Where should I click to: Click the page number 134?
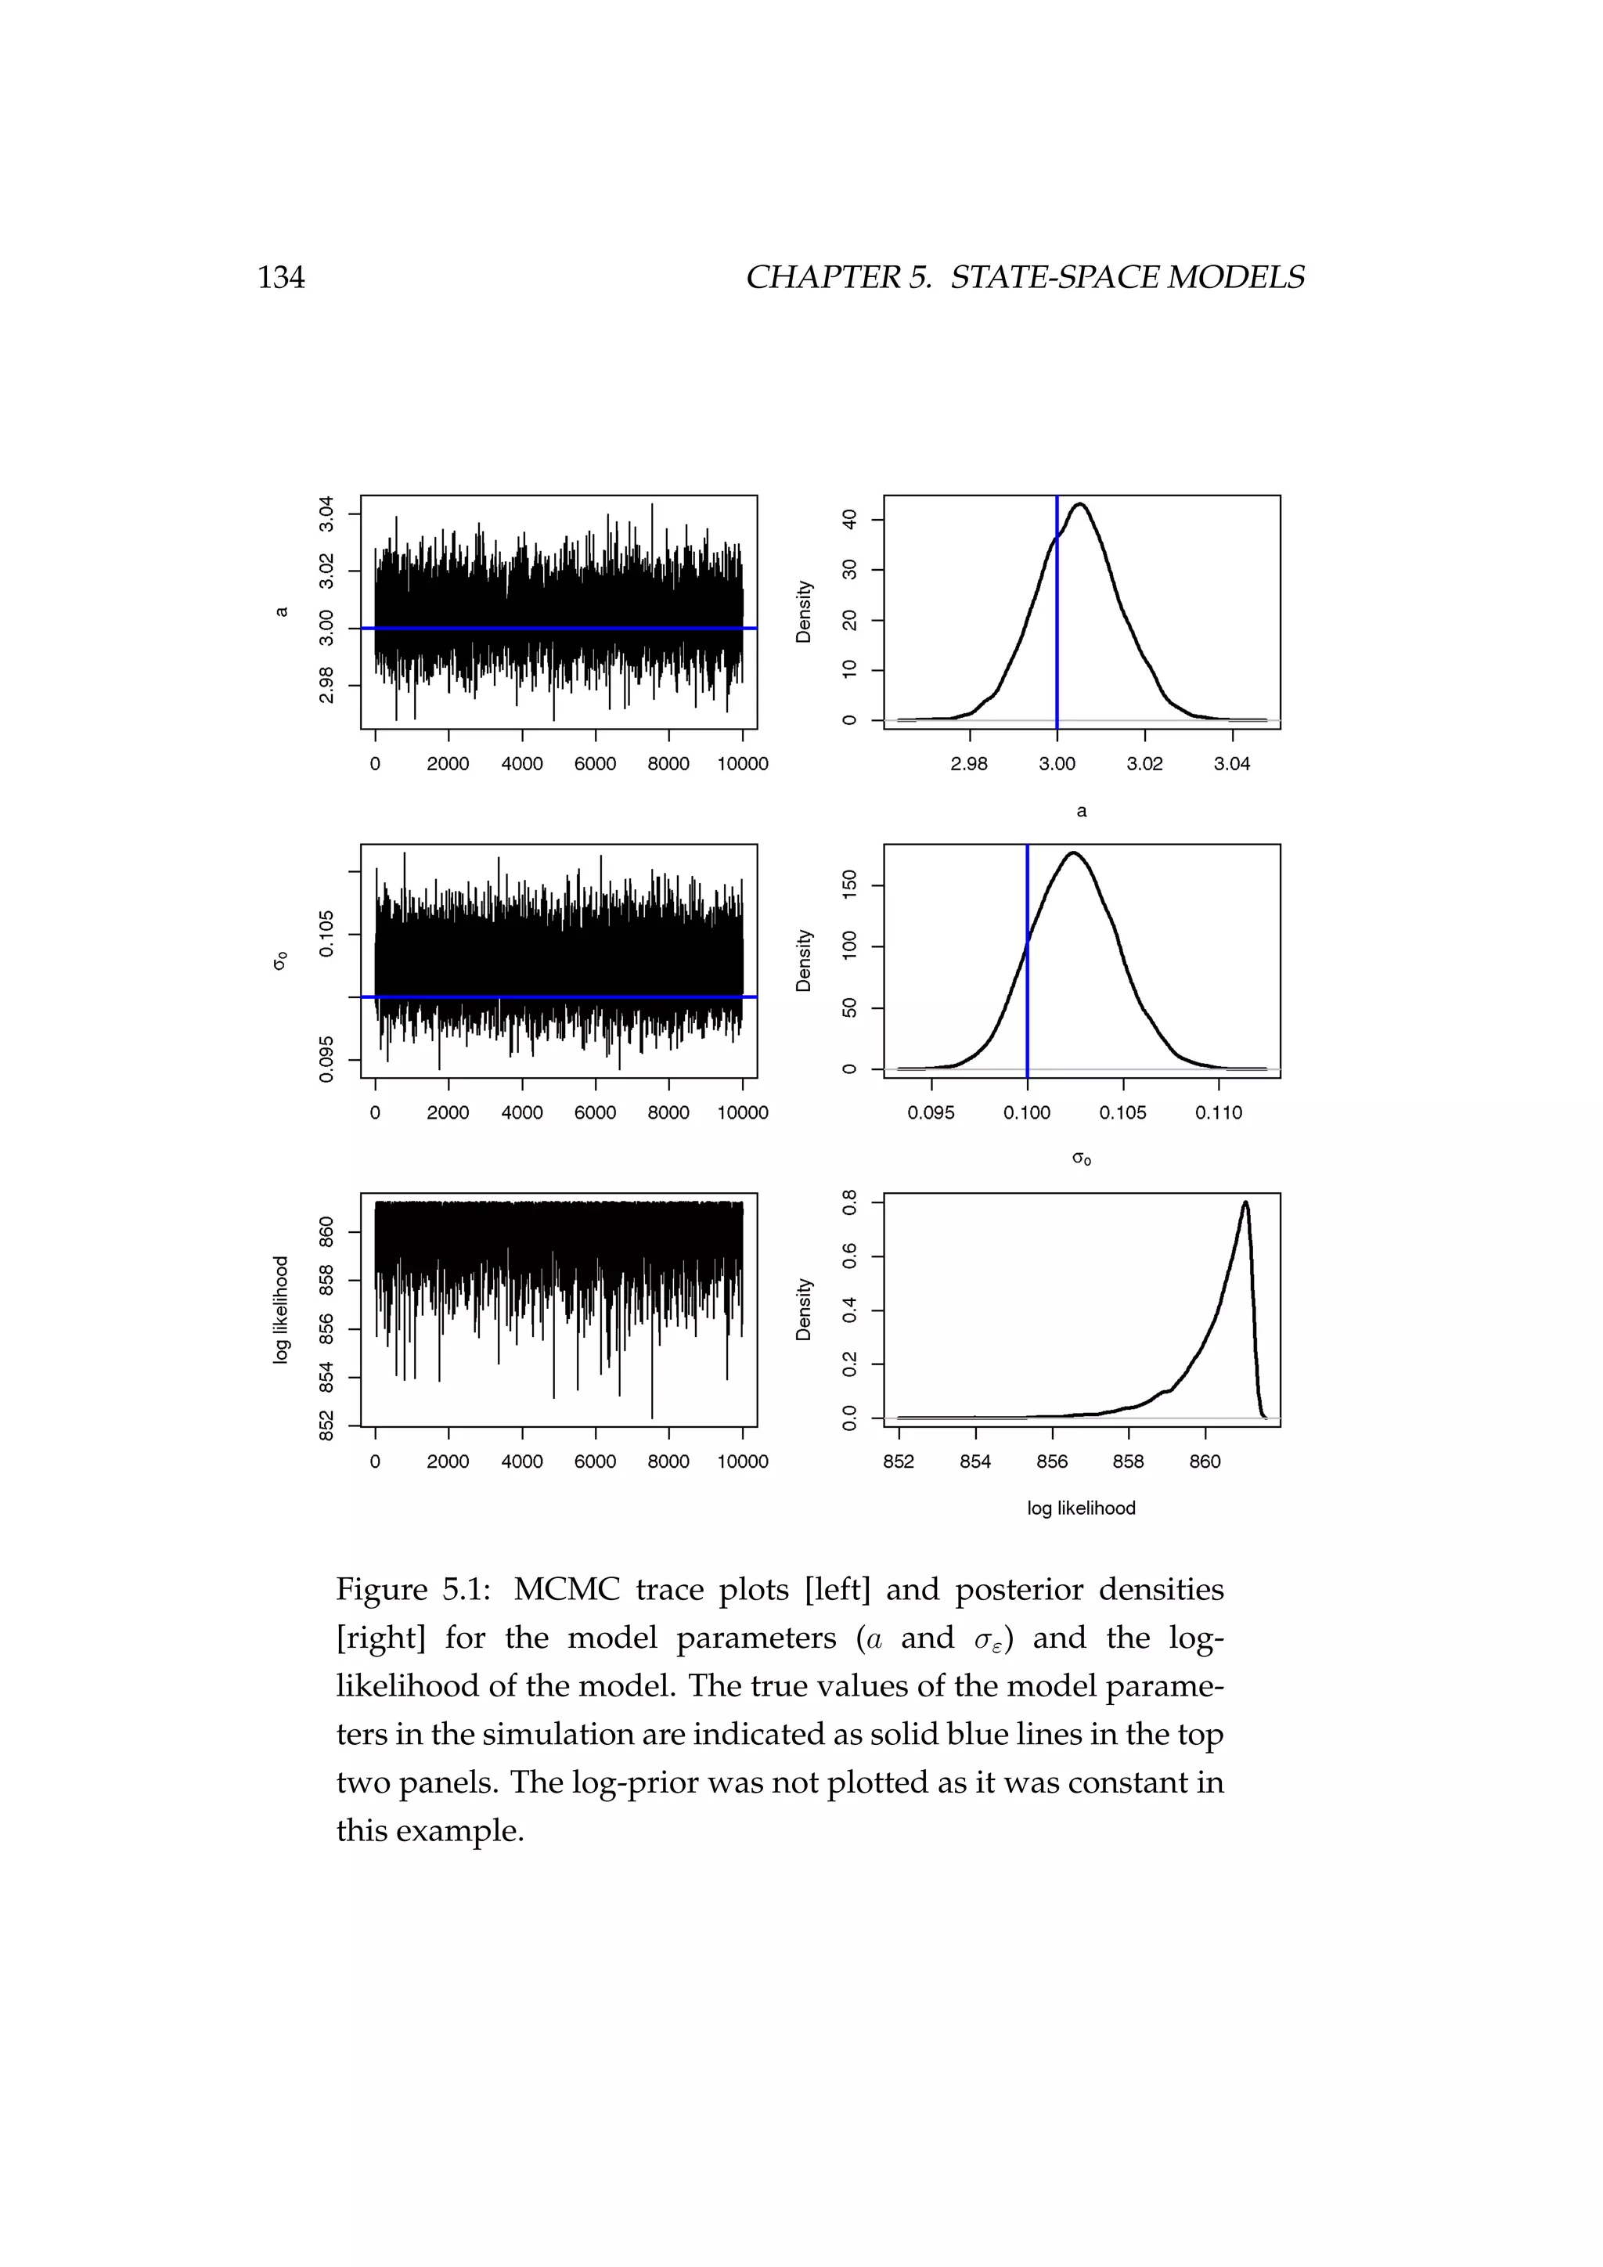[x=281, y=277]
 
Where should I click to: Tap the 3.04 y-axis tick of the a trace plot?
[x=326, y=514]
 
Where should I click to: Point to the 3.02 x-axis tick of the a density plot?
[x=1144, y=763]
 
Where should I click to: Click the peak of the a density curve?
[x=1081, y=505]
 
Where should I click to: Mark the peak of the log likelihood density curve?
[x=1245, y=1202]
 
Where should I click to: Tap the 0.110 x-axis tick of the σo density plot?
[x=1219, y=1113]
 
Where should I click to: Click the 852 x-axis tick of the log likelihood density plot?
[x=899, y=1461]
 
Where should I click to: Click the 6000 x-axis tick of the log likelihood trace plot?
[x=595, y=1461]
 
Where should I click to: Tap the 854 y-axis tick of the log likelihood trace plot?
[x=326, y=1378]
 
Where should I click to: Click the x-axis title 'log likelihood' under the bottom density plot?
[x=1081, y=1508]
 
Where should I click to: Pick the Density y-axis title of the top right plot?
[x=805, y=612]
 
